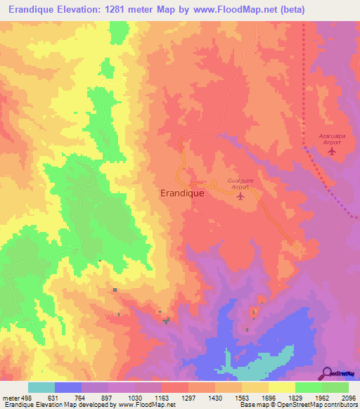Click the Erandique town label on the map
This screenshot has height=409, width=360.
point(182,192)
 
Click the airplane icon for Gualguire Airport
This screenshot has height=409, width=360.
point(240,196)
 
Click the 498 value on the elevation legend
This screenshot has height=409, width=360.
point(20,396)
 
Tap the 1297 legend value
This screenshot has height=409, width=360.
point(188,396)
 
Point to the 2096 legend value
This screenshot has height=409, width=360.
point(349,396)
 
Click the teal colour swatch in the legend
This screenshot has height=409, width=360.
point(41,387)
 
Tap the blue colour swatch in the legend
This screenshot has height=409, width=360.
point(68,387)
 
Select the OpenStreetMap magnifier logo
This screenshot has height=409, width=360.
point(327,372)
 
